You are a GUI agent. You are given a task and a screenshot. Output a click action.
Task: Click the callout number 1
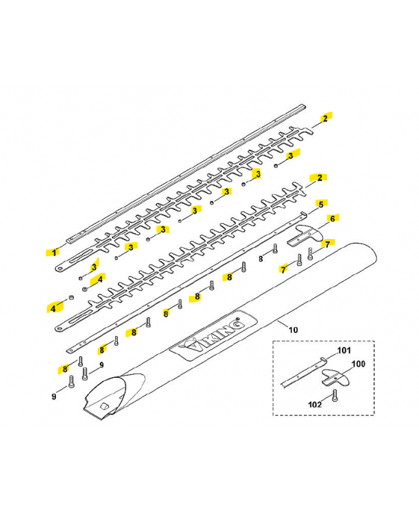[x=54, y=253]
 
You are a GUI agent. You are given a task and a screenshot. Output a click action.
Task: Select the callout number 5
[x=321, y=204]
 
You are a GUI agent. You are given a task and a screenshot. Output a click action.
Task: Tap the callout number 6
[x=332, y=218]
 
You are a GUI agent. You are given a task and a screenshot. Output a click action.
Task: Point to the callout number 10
[x=293, y=330]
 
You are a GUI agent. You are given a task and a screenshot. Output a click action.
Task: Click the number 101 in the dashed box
[x=344, y=350]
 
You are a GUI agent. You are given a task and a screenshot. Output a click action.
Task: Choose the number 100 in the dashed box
[x=359, y=364]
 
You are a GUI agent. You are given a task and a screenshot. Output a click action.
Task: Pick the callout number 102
[x=315, y=405]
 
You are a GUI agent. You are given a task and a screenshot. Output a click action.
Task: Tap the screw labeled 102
[x=334, y=395]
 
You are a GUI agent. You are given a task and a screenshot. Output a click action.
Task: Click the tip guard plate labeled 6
[x=305, y=235]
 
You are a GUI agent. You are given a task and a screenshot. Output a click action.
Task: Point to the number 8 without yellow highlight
[x=261, y=259]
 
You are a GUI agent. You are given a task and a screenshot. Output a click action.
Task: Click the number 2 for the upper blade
[x=325, y=118]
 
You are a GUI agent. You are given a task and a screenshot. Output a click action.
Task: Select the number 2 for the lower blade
[x=319, y=178]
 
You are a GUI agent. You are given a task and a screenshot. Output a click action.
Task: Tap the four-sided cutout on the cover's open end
[x=104, y=406]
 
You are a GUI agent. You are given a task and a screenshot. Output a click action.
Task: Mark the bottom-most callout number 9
[x=54, y=396]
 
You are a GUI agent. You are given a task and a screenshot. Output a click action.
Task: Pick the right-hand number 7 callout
[x=327, y=245]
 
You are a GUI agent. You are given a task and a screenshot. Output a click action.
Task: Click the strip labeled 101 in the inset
[x=304, y=372]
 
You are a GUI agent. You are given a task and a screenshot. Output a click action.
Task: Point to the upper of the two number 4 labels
[x=100, y=279]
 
